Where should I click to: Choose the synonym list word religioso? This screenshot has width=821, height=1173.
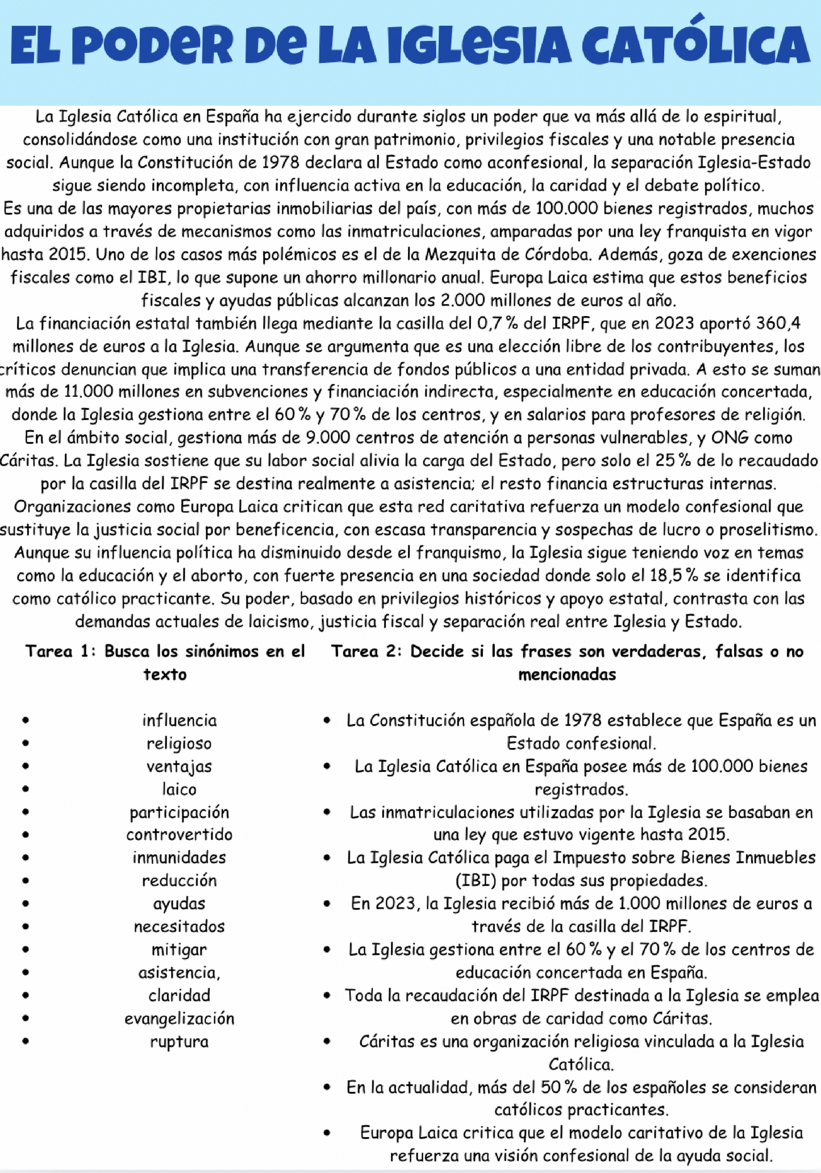click(x=179, y=743)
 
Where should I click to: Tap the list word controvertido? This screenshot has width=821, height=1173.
click(x=179, y=834)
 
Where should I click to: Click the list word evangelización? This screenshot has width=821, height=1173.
click(x=179, y=1018)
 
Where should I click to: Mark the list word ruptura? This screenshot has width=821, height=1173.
click(x=179, y=1041)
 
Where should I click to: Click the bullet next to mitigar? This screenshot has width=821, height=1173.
click(x=25, y=950)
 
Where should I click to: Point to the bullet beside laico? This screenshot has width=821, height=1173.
click(x=25, y=789)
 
